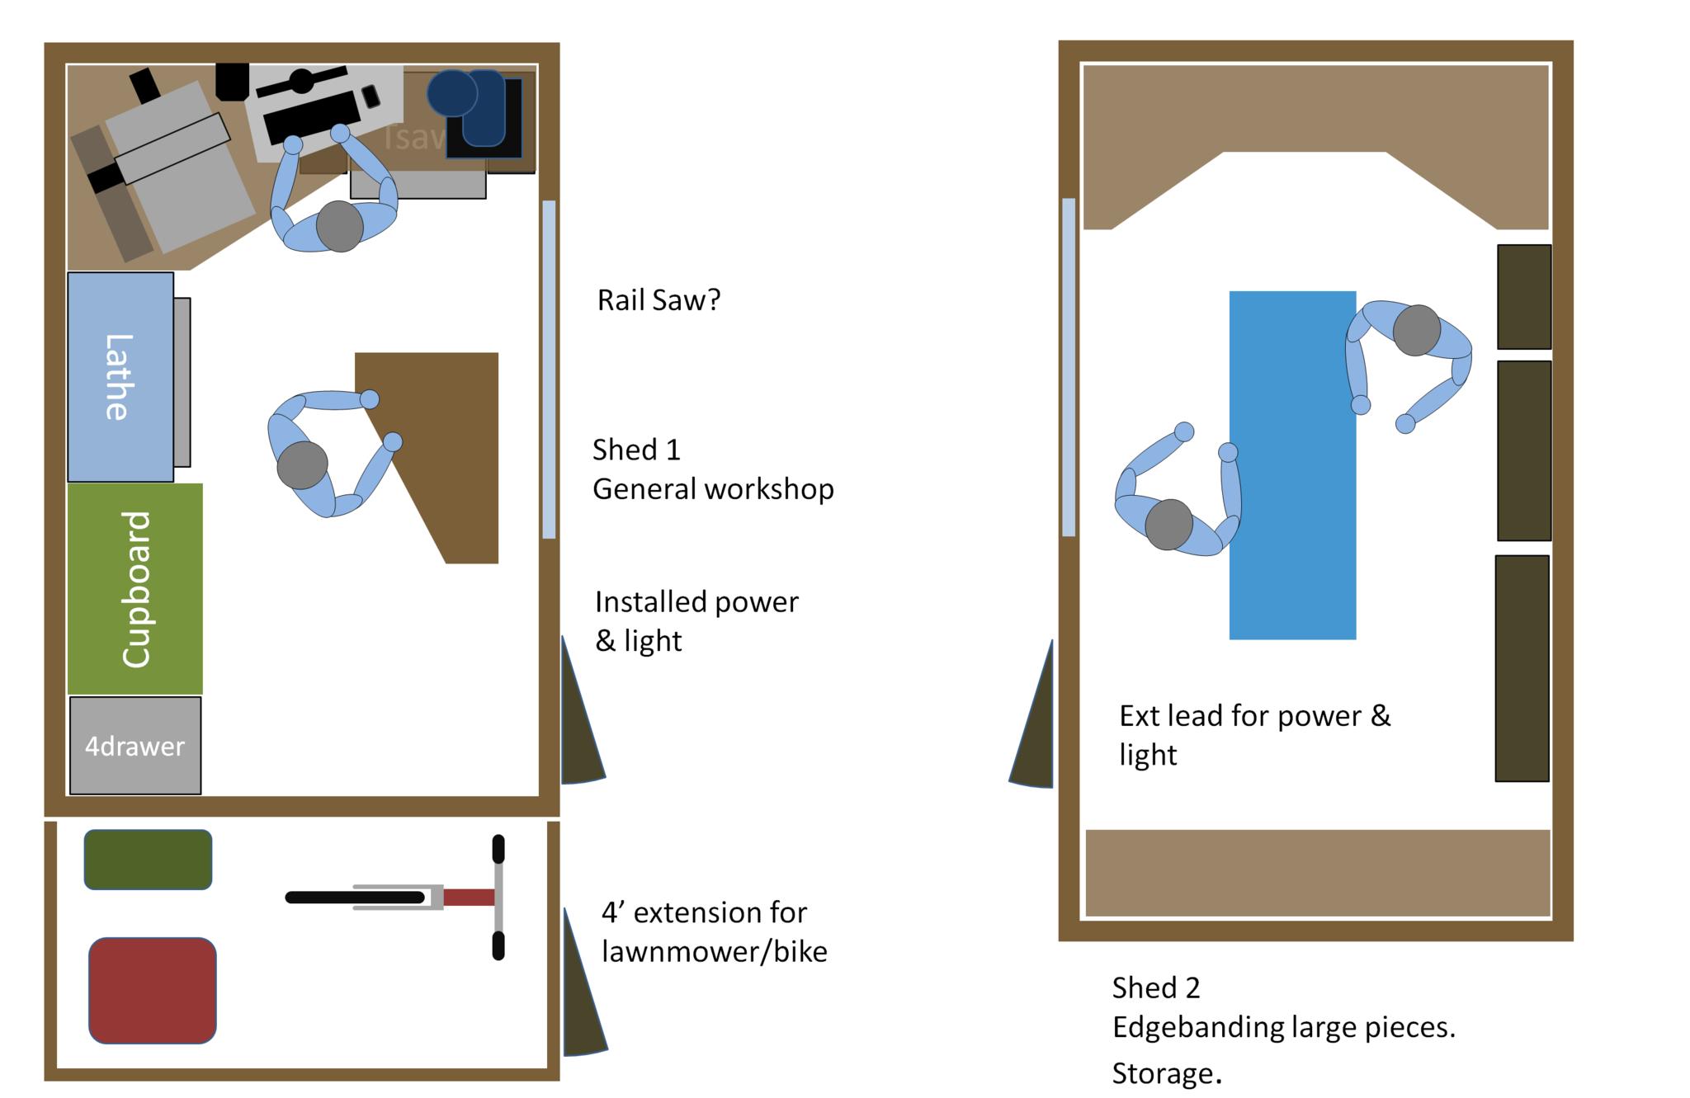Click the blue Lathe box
pos(120,376)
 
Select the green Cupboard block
pos(135,588)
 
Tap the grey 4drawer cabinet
pos(135,746)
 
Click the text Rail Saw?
pos(659,300)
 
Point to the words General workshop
pos(713,489)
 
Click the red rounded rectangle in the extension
pos(152,990)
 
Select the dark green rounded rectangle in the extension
pos(148,860)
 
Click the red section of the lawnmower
pos(469,898)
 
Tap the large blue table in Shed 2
pos(1292,465)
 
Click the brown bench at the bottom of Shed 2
pos(1318,873)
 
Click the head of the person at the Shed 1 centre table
pos(302,465)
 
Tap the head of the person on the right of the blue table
pos(1416,330)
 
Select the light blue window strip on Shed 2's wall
pos(1069,367)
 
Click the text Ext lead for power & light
pos(1254,734)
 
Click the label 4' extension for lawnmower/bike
pos(714,932)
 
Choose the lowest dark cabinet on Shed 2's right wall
pos(1522,668)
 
